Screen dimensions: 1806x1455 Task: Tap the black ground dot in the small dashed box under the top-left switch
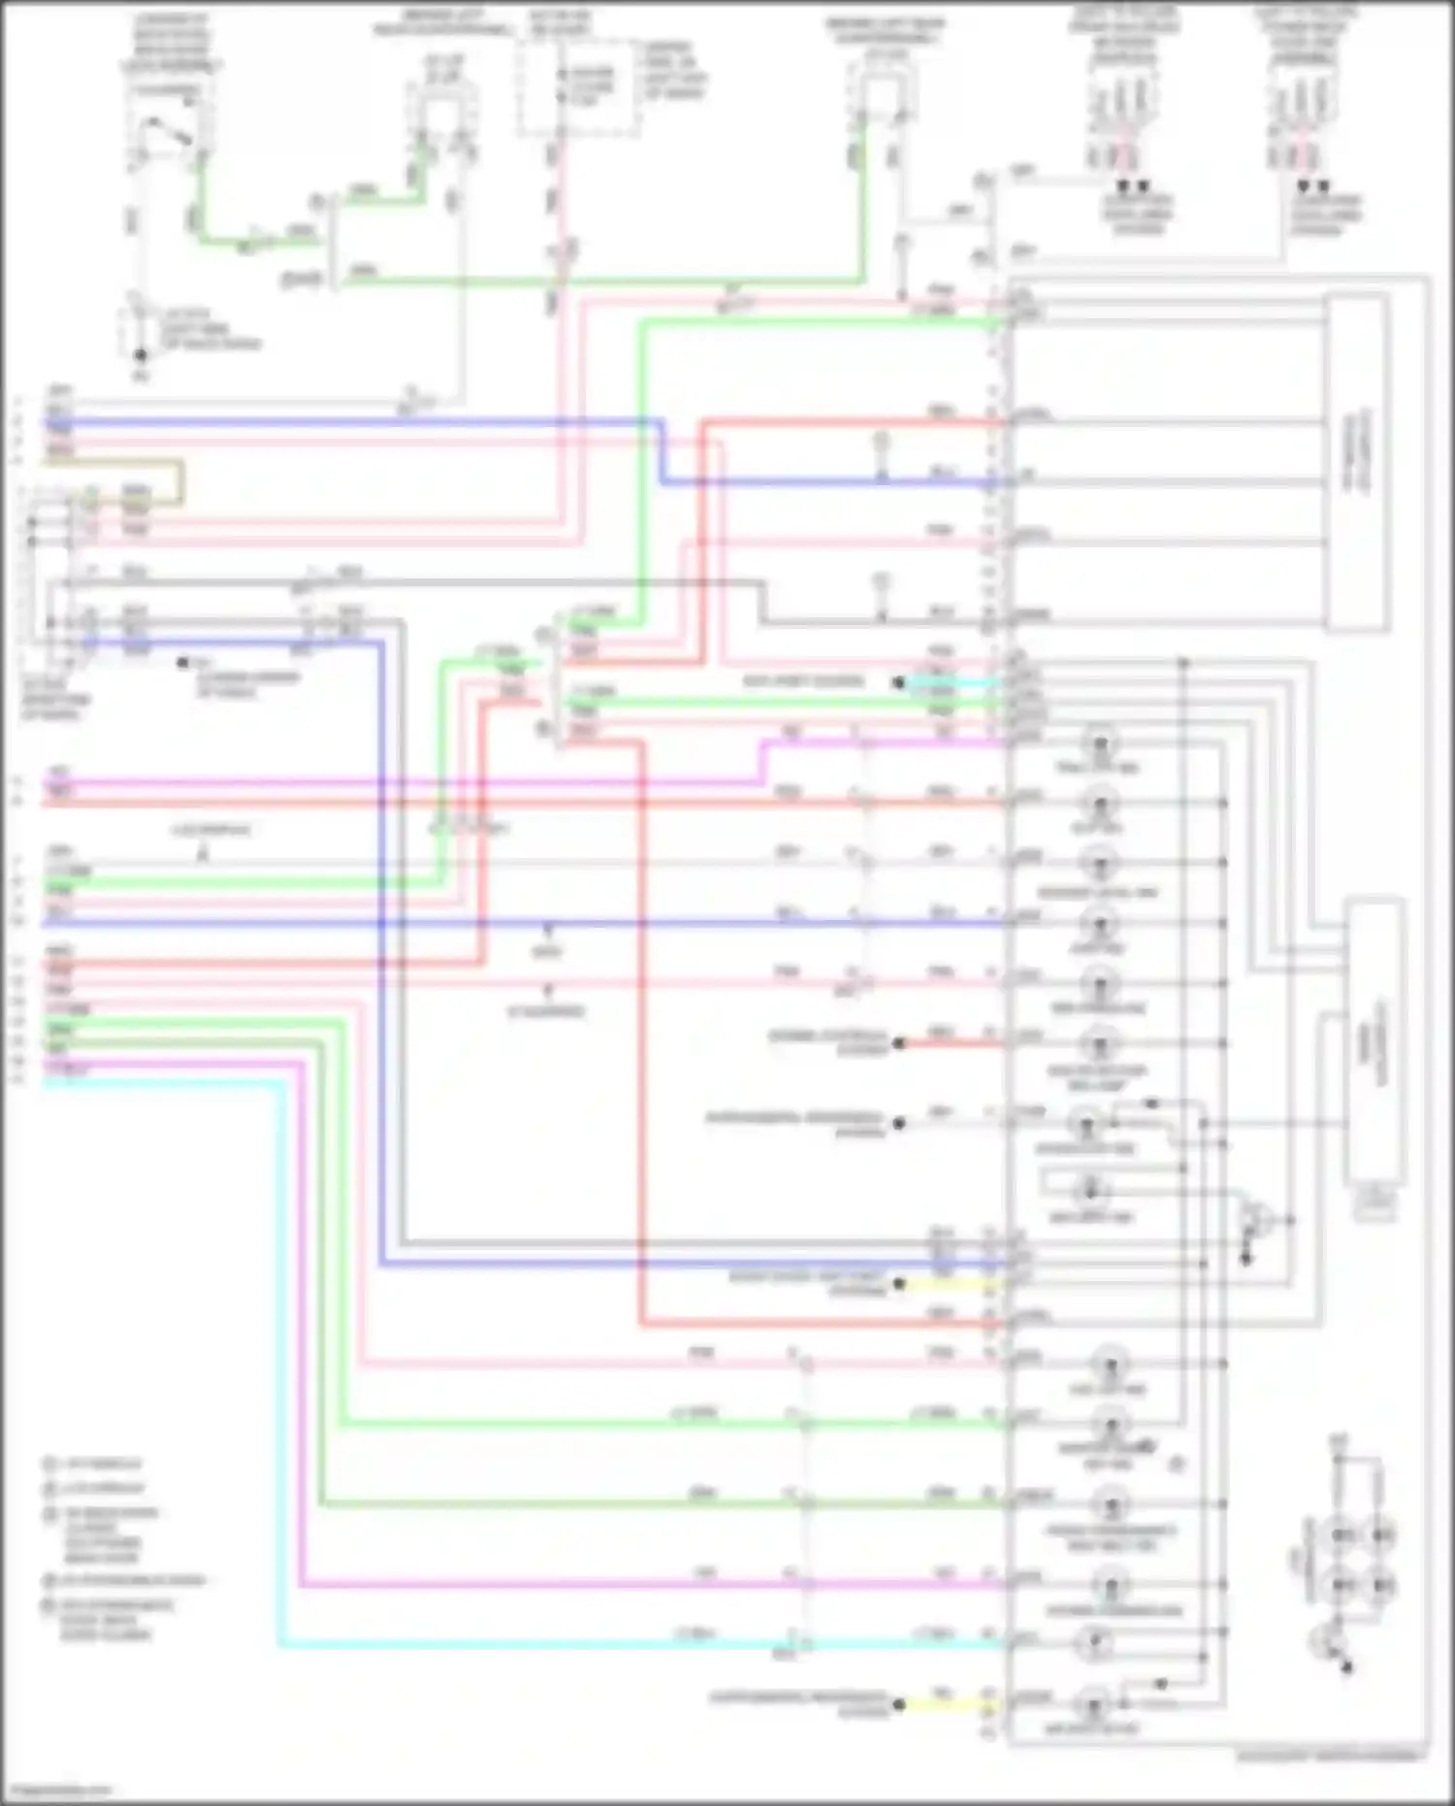[x=141, y=355]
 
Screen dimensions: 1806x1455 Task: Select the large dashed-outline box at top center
[x=578, y=87]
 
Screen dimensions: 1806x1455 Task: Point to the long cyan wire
[x=281, y=1359]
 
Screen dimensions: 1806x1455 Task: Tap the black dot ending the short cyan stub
[x=899, y=682]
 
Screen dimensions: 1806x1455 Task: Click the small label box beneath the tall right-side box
[x=1374, y=1203]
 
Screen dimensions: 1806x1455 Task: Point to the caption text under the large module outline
[x=1330, y=1756]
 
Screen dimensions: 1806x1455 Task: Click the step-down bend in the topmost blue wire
[x=663, y=451]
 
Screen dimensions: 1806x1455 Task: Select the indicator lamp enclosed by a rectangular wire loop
[x=1090, y=1189]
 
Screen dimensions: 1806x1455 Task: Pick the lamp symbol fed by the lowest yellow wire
[x=1094, y=1704]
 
